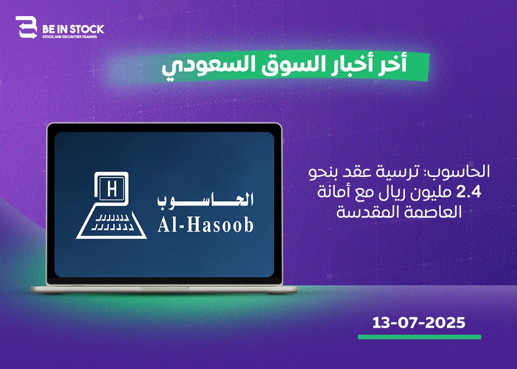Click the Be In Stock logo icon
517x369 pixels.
click(26, 27)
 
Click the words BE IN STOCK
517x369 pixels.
click(73, 29)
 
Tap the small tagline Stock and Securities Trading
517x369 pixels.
click(70, 37)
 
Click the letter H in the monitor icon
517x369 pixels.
click(112, 189)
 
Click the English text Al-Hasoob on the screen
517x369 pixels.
click(206, 225)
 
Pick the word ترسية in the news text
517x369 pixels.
click(399, 172)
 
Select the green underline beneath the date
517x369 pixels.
click(420, 337)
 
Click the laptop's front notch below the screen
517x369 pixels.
click(165, 288)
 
